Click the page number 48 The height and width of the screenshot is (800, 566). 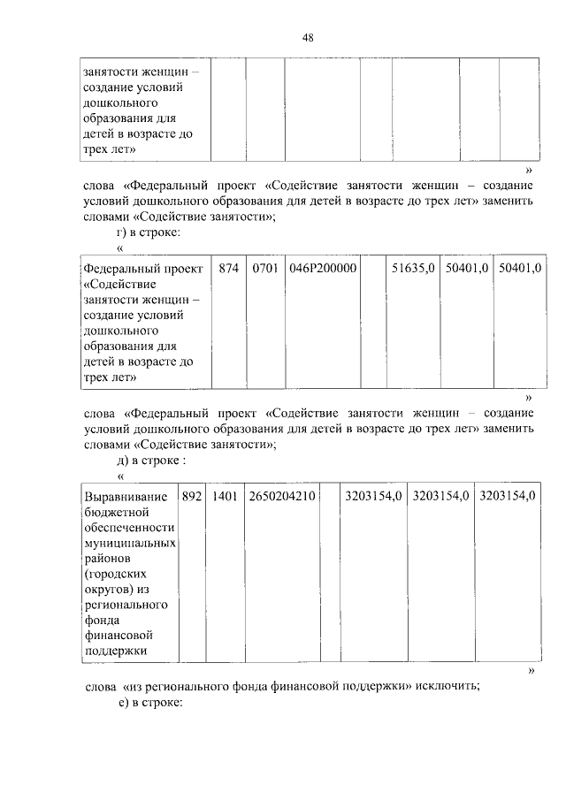(307, 36)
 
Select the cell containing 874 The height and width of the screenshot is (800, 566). (229, 268)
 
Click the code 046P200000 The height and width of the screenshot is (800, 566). (323, 268)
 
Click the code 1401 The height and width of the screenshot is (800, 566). (224, 496)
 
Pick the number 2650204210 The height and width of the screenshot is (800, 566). (282, 496)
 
